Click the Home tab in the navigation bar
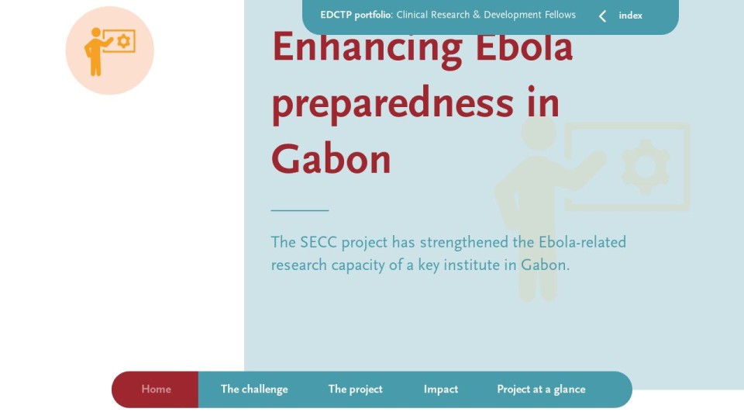(156, 390)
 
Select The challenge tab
(254, 390)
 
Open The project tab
(356, 390)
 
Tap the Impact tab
(441, 390)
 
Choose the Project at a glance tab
(542, 390)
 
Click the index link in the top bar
(631, 16)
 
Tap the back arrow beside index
(602, 16)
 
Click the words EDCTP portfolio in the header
(356, 16)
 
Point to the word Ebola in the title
(524, 47)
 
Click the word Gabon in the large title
(331, 159)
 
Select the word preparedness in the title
(392, 105)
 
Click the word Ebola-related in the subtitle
(582, 242)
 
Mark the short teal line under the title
(300, 210)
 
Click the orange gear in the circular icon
(123, 41)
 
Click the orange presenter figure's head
(96, 33)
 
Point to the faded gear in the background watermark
(646, 168)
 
